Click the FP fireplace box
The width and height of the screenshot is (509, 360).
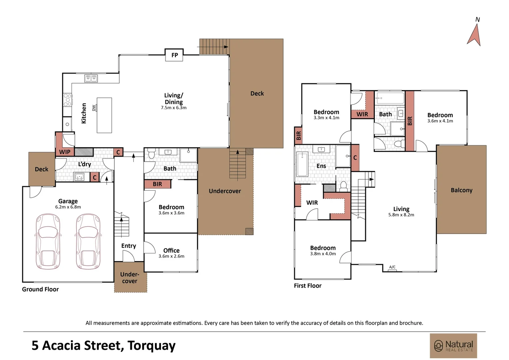(x=174, y=55)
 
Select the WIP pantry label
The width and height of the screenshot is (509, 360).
(x=65, y=152)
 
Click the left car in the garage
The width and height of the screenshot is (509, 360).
(x=48, y=241)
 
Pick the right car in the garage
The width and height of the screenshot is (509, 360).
(x=88, y=241)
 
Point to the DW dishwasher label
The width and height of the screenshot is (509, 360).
(x=94, y=108)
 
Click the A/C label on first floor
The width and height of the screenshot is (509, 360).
(x=392, y=267)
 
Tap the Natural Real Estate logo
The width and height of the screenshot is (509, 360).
(x=453, y=346)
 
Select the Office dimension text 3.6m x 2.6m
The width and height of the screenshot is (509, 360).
(x=171, y=256)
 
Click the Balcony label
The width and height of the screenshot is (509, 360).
(x=461, y=190)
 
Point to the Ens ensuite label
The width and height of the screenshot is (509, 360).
(x=321, y=166)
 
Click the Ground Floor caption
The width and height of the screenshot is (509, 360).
(x=40, y=289)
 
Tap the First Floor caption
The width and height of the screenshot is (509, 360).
(x=308, y=286)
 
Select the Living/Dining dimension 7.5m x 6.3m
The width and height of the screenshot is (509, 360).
(x=174, y=108)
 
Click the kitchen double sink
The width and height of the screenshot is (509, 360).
(x=91, y=78)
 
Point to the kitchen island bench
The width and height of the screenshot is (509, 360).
(x=104, y=115)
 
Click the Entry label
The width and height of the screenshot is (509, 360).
(x=129, y=246)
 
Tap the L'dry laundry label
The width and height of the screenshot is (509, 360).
(x=85, y=164)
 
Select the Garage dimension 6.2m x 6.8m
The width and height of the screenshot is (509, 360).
(x=68, y=207)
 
